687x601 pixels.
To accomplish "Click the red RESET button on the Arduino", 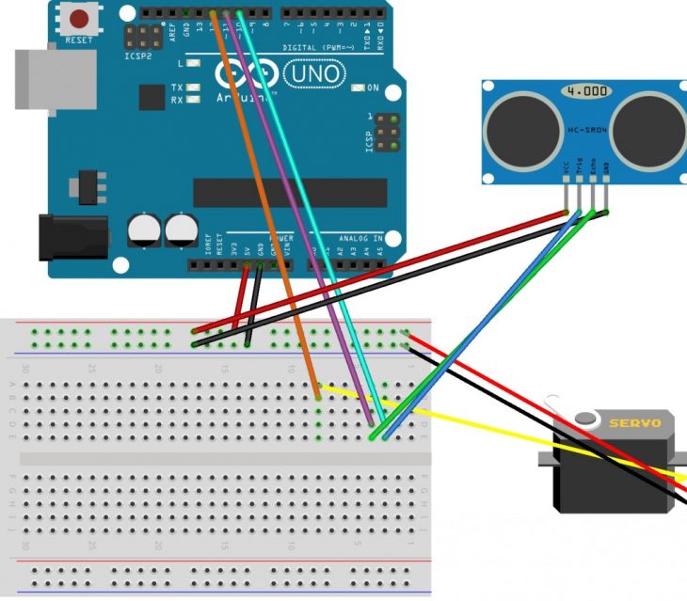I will (80, 18).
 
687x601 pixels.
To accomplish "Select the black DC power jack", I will (60, 238).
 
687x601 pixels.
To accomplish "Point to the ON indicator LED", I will (358, 87).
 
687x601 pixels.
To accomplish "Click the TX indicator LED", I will (193, 87).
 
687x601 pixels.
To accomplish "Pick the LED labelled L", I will (193, 64).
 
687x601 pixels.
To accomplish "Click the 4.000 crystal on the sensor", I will (585, 92).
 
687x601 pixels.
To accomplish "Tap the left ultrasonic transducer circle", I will (523, 129).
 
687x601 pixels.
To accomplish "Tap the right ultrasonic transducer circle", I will (648, 129).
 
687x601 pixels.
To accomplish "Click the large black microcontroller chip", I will (290, 193).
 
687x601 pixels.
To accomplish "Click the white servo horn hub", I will (587, 420).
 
